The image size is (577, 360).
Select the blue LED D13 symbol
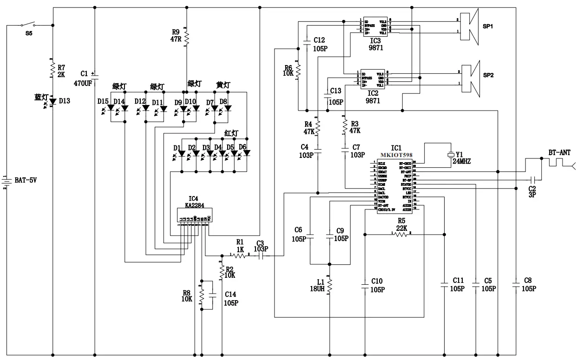coord(52,101)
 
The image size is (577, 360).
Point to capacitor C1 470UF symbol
coord(95,77)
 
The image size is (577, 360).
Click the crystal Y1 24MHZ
coord(450,155)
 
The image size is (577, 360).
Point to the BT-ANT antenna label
coord(559,152)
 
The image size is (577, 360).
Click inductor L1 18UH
coord(329,285)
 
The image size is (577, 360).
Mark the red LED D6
coord(247,153)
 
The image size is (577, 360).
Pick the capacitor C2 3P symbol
coord(533,179)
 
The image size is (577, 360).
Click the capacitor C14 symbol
coord(213,295)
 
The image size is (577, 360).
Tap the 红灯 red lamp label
coord(231,134)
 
